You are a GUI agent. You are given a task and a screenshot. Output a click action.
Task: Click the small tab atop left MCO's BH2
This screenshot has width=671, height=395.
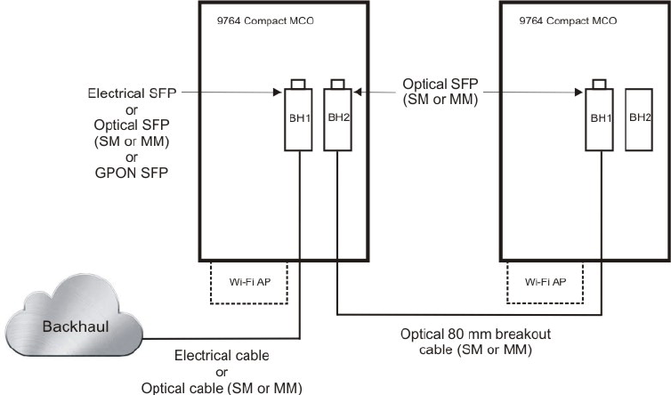(335, 85)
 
